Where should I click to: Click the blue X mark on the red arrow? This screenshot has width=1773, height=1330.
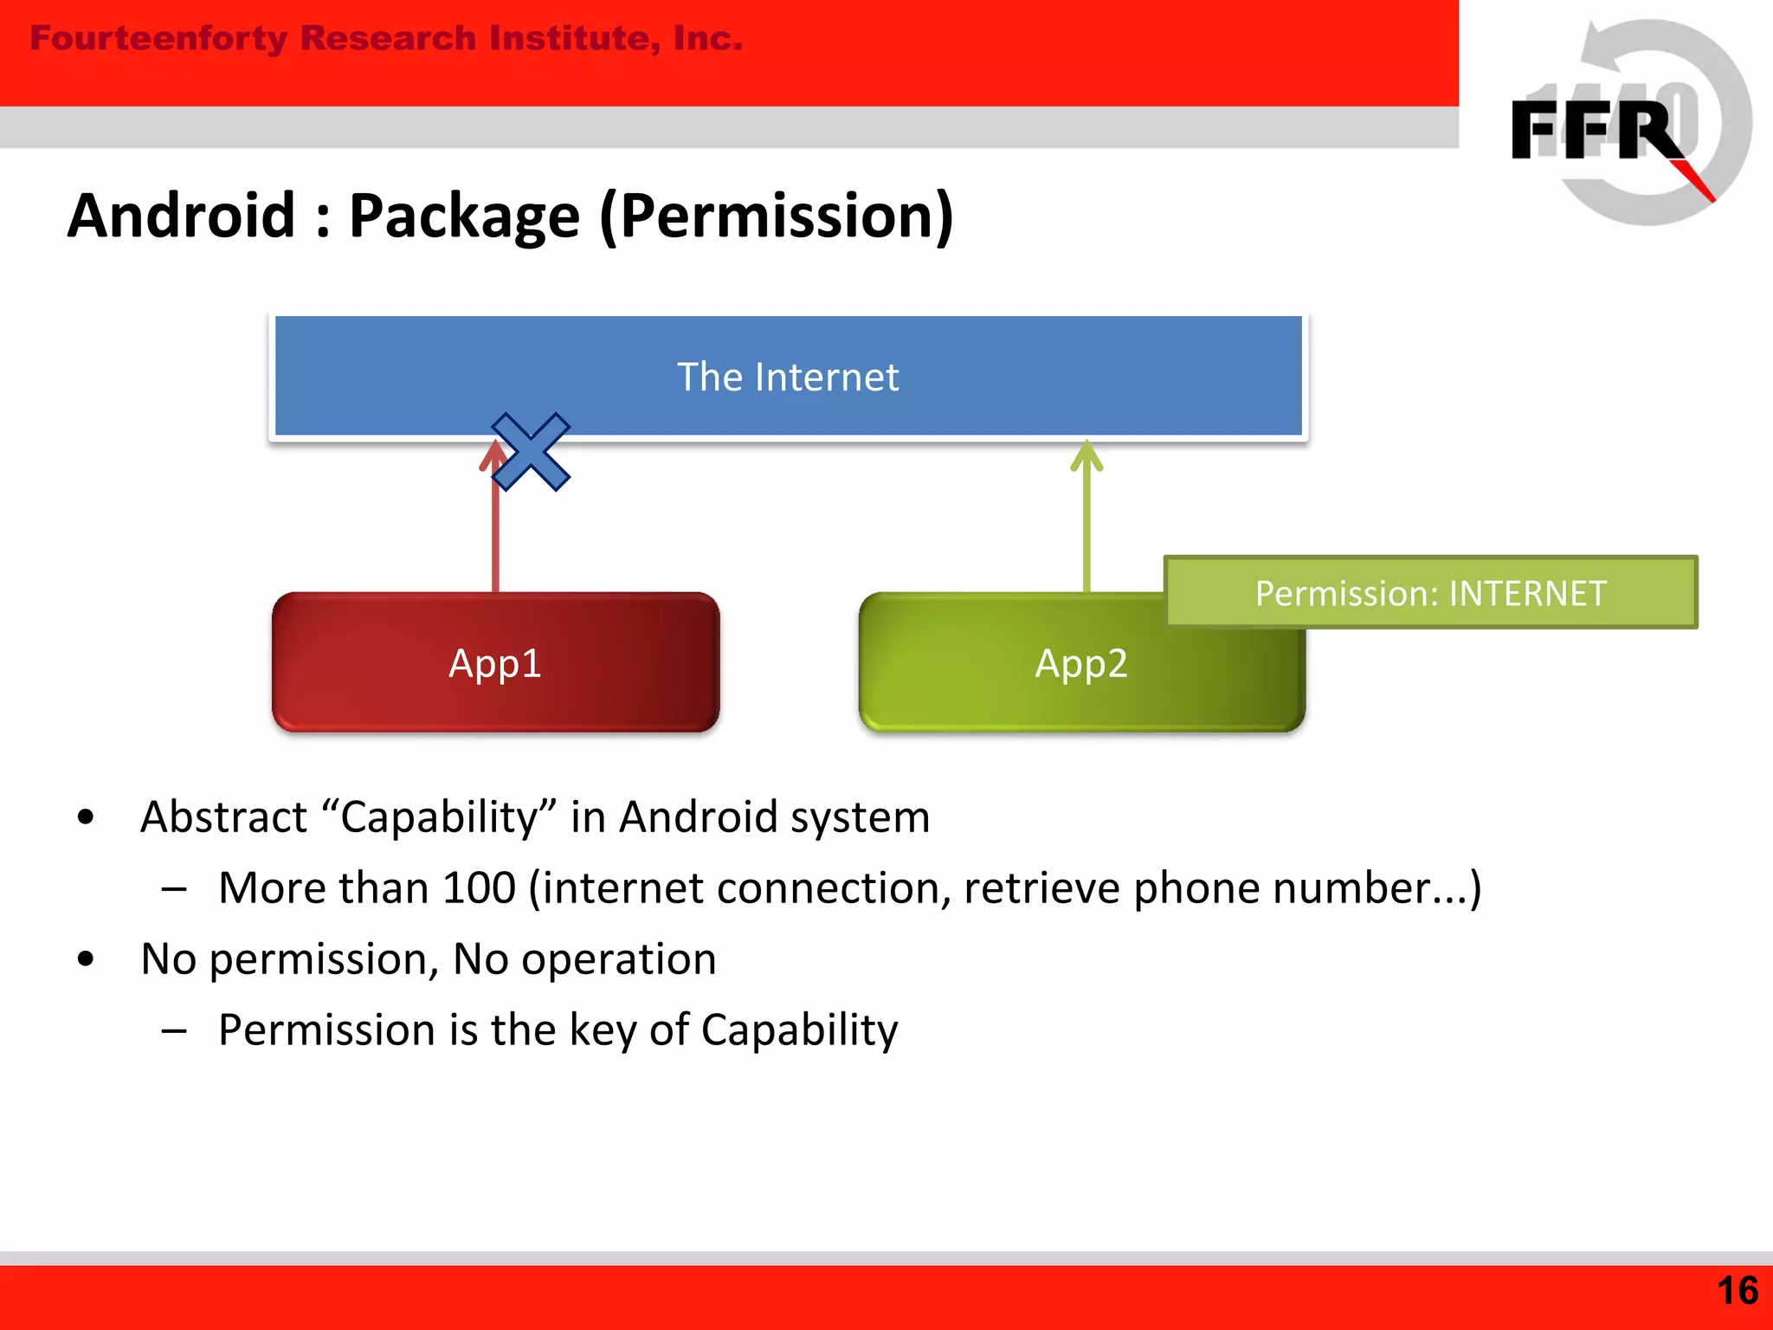pos(530,451)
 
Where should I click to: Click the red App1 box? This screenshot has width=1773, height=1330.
pos(495,663)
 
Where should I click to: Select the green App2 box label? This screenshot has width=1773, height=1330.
pos(1081,664)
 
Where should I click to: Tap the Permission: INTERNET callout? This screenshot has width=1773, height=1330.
pos(1430,593)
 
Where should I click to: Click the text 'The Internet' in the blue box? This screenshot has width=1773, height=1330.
pos(787,378)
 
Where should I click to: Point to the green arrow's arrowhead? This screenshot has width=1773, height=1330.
pos(1086,455)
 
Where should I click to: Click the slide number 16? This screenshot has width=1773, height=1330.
pos(1736,1291)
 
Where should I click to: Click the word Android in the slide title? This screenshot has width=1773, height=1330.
pos(182,216)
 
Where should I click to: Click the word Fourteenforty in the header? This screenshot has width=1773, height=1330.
pos(158,39)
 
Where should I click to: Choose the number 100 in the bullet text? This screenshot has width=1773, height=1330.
pos(479,888)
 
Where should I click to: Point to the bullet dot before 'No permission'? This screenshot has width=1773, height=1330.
pos(85,959)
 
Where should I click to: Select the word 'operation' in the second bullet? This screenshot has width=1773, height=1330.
pos(618,959)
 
